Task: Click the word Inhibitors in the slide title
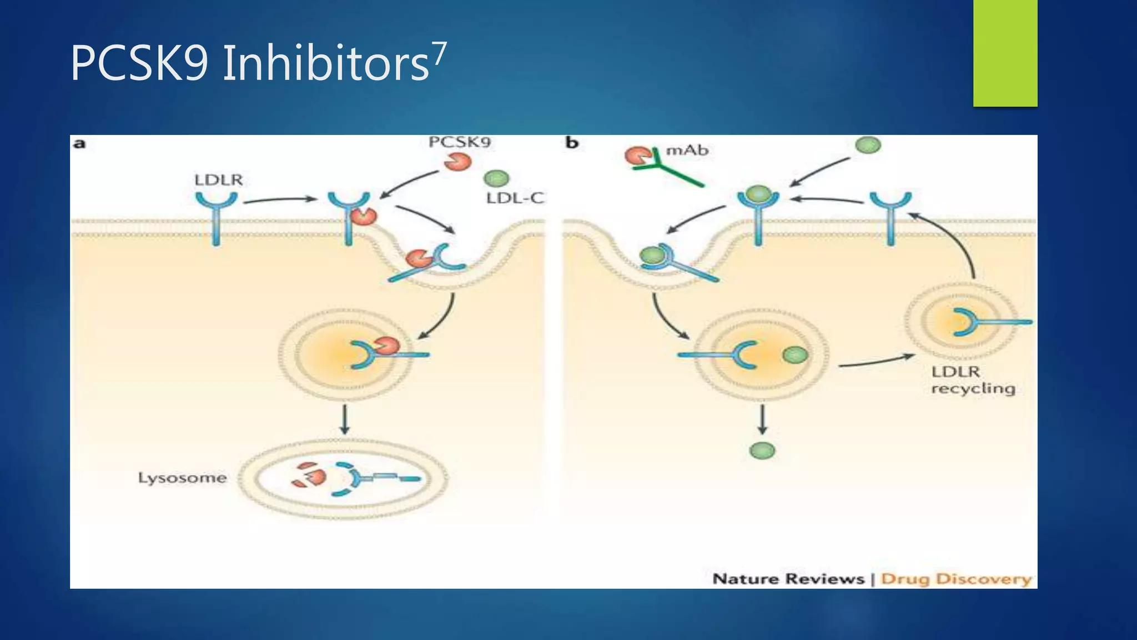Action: click(x=326, y=63)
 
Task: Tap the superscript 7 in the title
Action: click(x=439, y=54)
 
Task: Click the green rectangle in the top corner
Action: click(x=1005, y=53)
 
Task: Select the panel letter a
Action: click(x=79, y=144)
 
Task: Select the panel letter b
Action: click(x=572, y=143)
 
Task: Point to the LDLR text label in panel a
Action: click(x=218, y=180)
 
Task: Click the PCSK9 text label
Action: click(x=460, y=142)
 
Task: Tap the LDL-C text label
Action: click(x=515, y=198)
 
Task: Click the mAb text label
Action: click(x=687, y=150)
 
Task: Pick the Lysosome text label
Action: click(x=182, y=478)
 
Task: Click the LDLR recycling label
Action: click(x=973, y=380)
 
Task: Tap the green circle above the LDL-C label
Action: click(x=496, y=178)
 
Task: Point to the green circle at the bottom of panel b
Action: click(x=762, y=451)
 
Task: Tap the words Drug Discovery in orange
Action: click(x=955, y=579)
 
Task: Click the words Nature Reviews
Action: click(x=788, y=579)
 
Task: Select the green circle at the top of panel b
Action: click(x=868, y=146)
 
